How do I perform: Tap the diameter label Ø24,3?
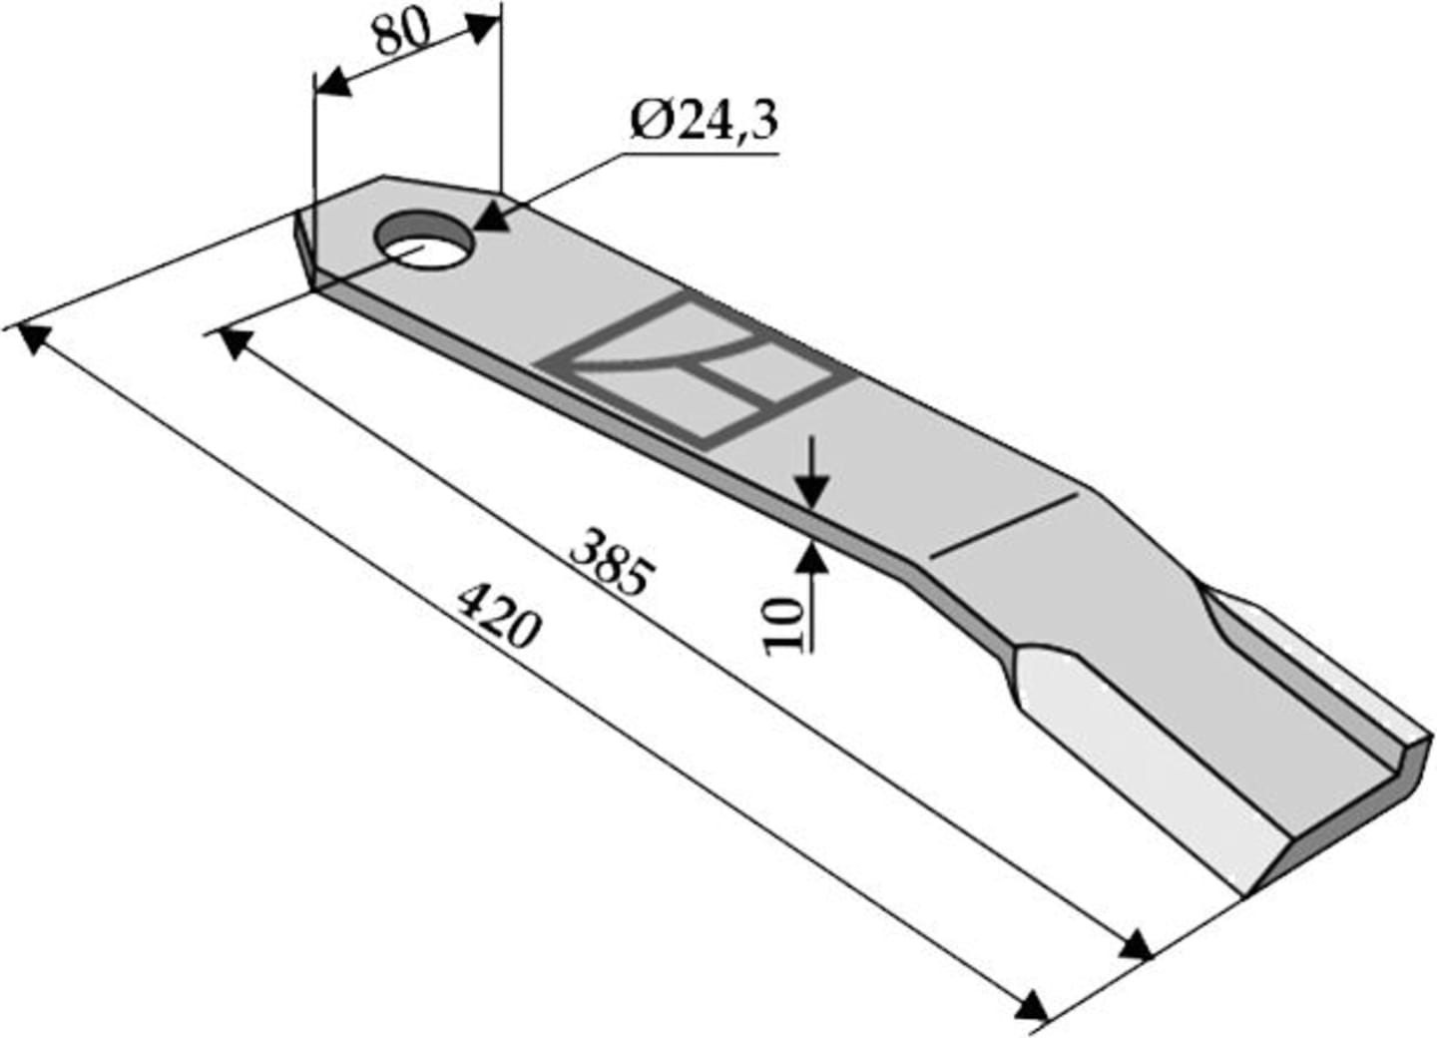[704, 122]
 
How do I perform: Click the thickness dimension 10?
[784, 627]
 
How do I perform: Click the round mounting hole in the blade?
[425, 241]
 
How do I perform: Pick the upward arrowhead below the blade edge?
[812, 557]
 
